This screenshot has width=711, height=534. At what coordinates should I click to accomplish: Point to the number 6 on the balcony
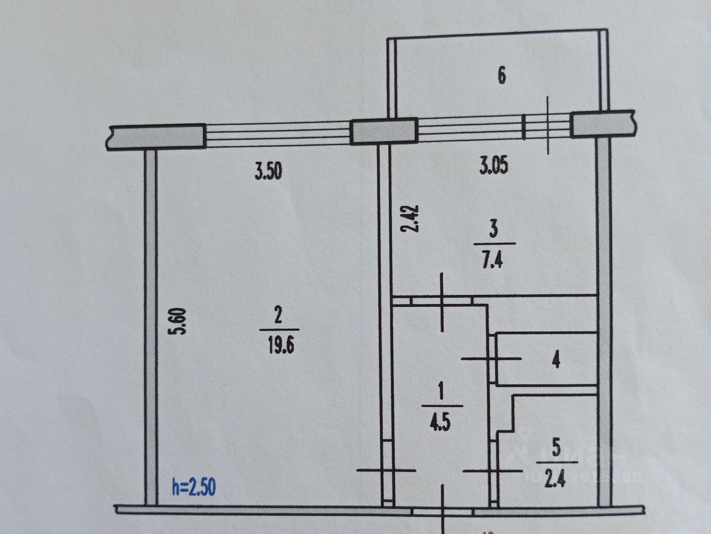coord(501,77)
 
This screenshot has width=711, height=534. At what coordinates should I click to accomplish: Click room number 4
coord(557,359)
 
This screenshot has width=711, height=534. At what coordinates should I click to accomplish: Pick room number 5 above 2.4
coord(556,447)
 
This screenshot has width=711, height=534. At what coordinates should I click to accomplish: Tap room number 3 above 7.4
coord(494,230)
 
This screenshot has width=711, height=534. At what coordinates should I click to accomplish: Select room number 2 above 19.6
coord(278,316)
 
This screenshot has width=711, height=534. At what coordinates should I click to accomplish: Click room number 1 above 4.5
coord(441,392)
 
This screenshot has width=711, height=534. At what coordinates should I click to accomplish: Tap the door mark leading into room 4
coord(491,358)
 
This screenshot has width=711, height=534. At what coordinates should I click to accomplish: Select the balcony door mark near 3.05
coord(547,125)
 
